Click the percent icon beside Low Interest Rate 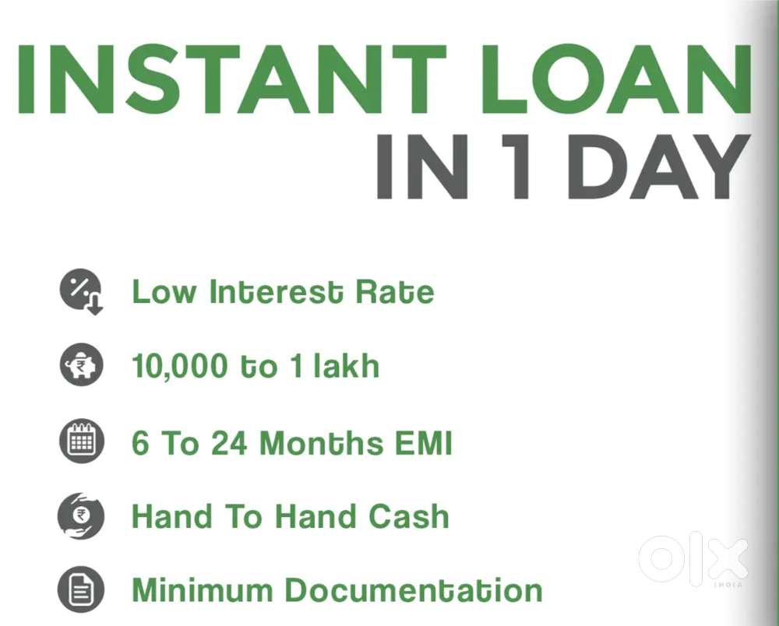tap(80, 290)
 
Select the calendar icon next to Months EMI tap(81, 441)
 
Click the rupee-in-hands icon tap(81, 516)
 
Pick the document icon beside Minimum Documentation tap(81, 590)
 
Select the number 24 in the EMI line tap(230, 443)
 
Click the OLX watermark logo tap(693, 558)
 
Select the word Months tap(320, 443)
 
